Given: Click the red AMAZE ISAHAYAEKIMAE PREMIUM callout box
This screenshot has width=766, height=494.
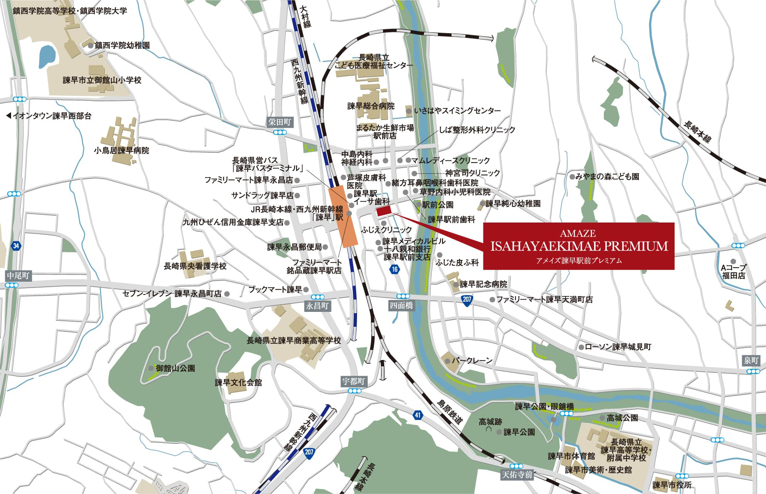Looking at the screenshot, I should coord(579,246).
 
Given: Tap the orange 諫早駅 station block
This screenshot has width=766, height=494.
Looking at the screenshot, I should coord(343,216).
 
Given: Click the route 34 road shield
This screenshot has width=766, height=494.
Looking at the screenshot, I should coord(16,246).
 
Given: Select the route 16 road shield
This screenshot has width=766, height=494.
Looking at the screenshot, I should coord(395,269).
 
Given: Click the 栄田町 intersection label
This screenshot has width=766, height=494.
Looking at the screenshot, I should coord(280,123).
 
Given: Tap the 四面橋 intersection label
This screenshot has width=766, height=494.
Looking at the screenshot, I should coord(401,305).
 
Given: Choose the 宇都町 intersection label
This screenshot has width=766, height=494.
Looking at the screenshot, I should coord(354,381).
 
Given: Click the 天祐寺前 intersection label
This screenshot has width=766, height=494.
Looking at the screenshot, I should coord(517,474).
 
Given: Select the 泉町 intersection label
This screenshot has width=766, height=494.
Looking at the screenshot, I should coord(751,361).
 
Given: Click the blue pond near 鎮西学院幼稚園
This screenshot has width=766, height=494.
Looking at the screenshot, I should coord(47,55).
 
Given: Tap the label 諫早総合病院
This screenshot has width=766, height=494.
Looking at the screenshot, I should coord(371,106).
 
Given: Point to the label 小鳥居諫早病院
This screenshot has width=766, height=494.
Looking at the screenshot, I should coord(122,151).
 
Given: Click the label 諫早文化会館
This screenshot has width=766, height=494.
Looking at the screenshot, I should coord(238,383).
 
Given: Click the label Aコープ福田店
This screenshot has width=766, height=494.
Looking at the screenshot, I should coord(734,271).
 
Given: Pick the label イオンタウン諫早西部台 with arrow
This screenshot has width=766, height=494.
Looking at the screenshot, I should coord(49,116).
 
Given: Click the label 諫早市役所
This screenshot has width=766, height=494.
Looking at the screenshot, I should coord(672,485).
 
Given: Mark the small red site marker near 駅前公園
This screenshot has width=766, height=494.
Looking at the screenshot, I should coord(383,211).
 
